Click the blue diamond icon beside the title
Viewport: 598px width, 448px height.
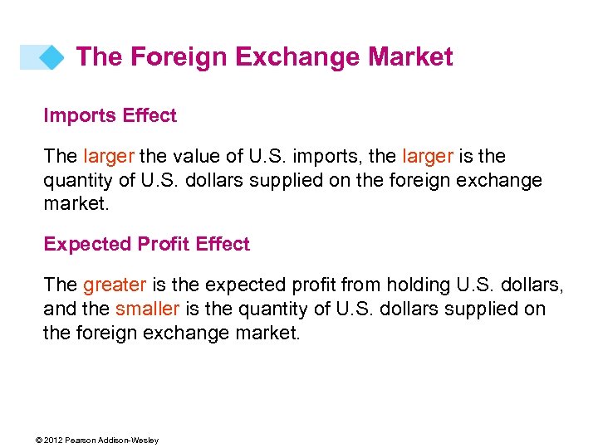pyautogui.click(x=51, y=57)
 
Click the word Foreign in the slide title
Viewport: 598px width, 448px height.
pyautogui.click(x=178, y=57)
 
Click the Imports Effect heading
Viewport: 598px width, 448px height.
pyautogui.click(x=110, y=115)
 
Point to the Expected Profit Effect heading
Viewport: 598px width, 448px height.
pyautogui.click(x=146, y=244)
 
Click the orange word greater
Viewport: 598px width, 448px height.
pyautogui.click(x=115, y=285)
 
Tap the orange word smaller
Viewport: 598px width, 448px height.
pyautogui.click(x=147, y=309)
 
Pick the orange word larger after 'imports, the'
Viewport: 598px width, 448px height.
pyautogui.click(x=428, y=157)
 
